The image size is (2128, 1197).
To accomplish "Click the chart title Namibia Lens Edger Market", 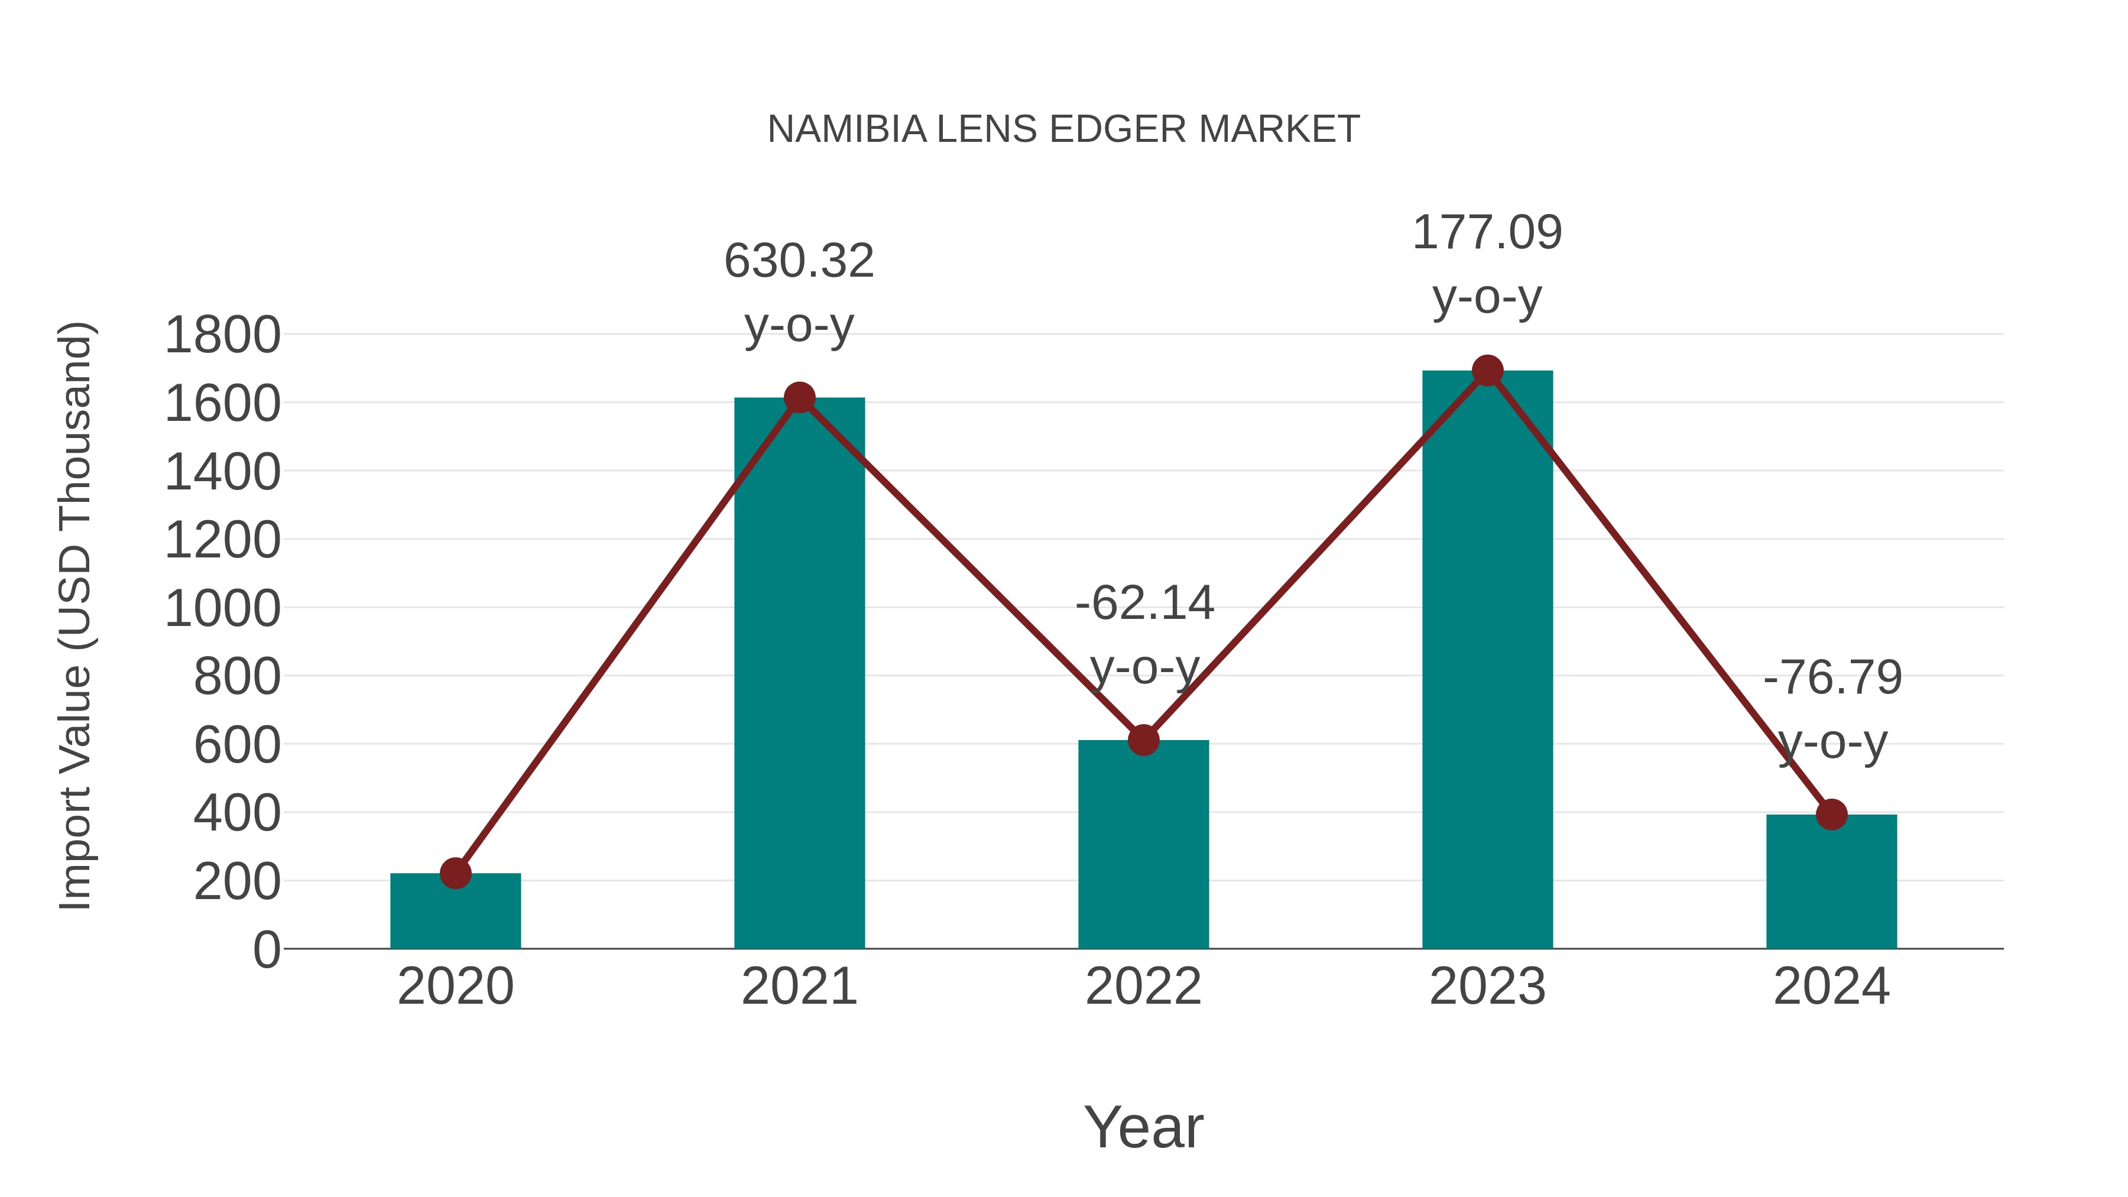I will [x=1063, y=129].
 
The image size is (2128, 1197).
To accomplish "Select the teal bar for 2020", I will [x=455, y=912].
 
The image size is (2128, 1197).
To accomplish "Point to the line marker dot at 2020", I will [x=455, y=873].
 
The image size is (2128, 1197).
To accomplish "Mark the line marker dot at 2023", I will [x=1487, y=371].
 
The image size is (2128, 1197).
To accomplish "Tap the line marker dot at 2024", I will [x=1831, y=815].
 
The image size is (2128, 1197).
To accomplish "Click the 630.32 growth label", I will [x=799, y=261].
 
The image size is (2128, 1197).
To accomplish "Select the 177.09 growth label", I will [x=1487, y=232].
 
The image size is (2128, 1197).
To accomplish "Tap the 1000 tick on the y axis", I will [x=222, y=609].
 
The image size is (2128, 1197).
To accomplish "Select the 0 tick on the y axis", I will [x=266, y=950].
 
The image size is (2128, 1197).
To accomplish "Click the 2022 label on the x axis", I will [x=1143, y=987].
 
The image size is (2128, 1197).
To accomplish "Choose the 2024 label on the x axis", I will [x=1831, y=987].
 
